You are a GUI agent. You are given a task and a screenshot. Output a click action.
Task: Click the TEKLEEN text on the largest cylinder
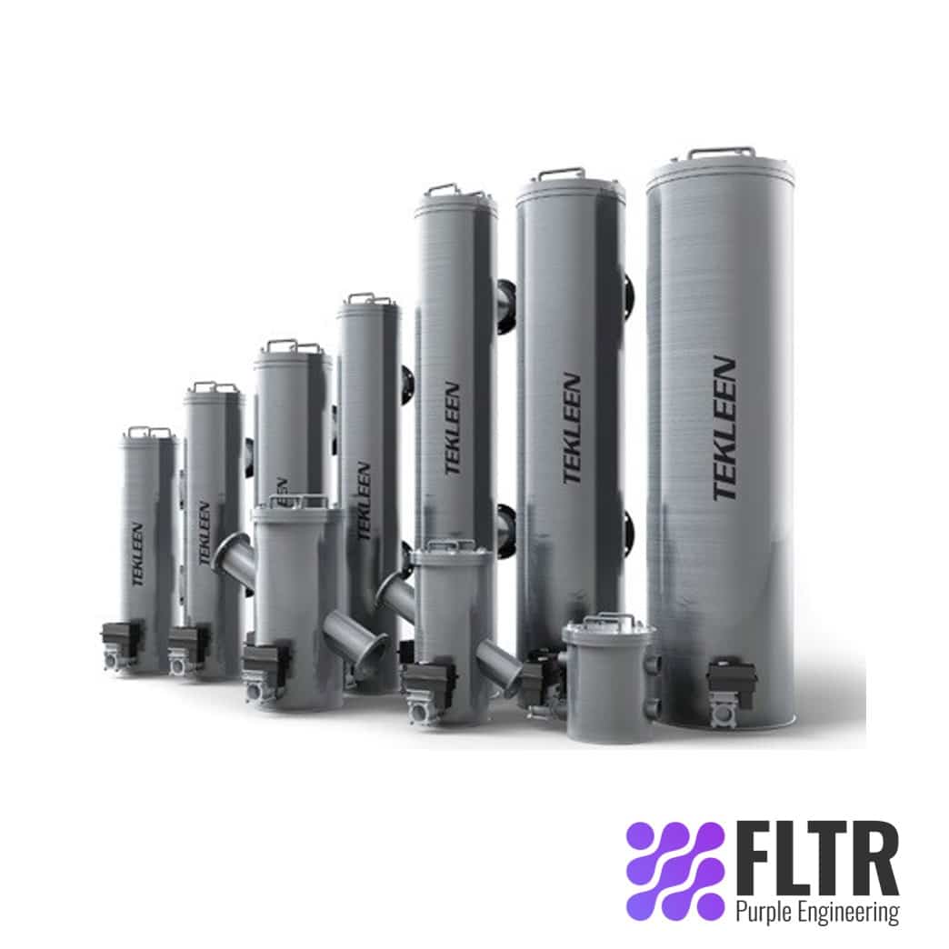pos(724,428)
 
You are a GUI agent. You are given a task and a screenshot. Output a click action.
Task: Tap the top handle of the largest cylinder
pos(721,152)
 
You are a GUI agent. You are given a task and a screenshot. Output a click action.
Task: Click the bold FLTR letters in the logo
pos(815,859)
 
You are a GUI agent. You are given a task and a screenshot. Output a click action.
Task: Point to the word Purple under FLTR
pos(765,911)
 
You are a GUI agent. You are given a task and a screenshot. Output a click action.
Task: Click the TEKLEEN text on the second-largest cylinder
pos(571,428)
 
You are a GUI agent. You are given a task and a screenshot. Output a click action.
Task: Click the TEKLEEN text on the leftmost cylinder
pos(137,554)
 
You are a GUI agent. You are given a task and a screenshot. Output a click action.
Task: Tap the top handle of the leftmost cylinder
pos(148,431)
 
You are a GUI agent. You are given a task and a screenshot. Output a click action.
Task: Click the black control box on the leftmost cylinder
pos(123,640)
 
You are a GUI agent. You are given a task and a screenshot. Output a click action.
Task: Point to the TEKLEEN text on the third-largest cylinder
pos(453,428)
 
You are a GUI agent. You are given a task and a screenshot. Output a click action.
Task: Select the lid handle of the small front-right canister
pos(608,621)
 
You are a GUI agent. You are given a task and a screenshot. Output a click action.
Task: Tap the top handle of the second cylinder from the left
pos(215,386)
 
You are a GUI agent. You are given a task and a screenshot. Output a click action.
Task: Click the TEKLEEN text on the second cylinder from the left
pos(205,532)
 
